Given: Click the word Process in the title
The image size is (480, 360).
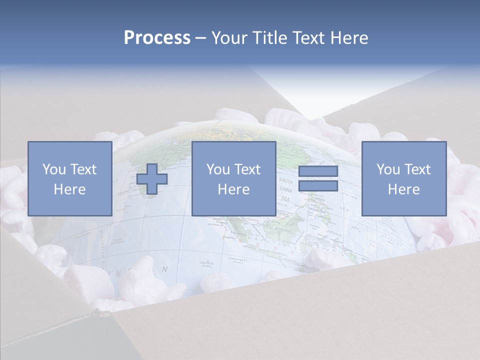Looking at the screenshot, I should pyautogui.click(x=157, y=38).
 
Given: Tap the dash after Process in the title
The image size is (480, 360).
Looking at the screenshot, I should pyautogui.click(x=201, y=38).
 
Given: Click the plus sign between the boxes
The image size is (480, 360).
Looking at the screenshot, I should pyautogui.click(x=152, y=179).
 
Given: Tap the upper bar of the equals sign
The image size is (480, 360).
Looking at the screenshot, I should pyautogui.click(x=318, y=171).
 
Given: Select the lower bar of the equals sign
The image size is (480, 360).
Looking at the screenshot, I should pyautogui.click(x=318, y=186).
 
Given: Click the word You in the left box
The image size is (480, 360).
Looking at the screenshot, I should pyautogui.click(x=53, y=169).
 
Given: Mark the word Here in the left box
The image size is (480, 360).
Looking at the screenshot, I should pyautogui.click(x=69, y=189).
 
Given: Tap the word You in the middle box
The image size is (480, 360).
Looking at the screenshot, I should pyautogui.click(x=218, y=169).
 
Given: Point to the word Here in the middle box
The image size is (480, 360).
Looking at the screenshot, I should pyautogui.click(x=233, y=189).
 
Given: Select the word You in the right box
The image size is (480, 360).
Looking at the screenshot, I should pyautogui.click(x=388, y=169).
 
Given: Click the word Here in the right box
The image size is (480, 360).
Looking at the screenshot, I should pyautogui.click(x=403, y=189).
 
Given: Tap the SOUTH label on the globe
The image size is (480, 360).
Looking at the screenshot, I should pyautogui.click(x=286, y=180).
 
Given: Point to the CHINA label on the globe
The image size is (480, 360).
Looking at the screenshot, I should pyautogui.click(x=286, y=189).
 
